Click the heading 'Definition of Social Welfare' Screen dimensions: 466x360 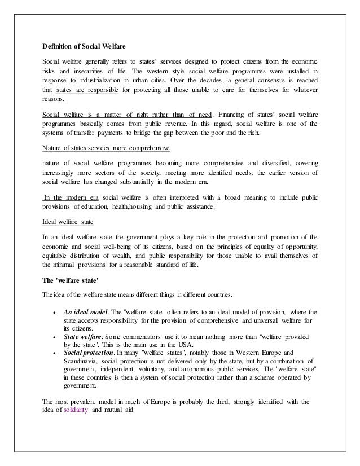86,46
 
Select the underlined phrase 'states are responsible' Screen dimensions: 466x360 86,89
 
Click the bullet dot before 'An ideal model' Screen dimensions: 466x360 53,311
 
